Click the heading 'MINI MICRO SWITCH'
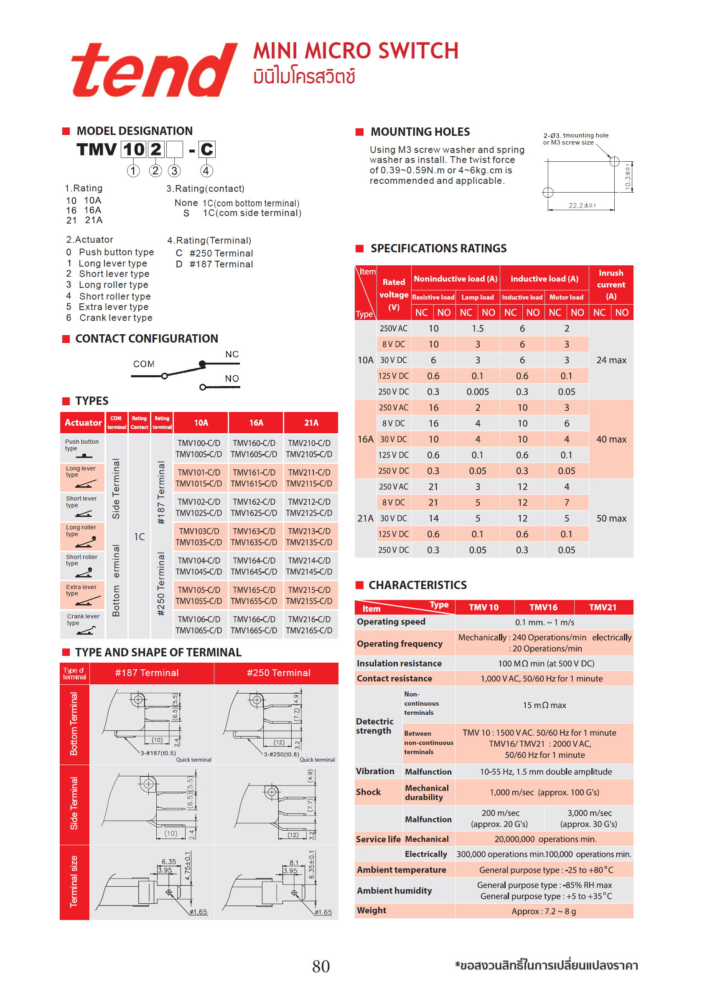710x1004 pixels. [356, 51]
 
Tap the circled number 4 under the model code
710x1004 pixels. [206, 170]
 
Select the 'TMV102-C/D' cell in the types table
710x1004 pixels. [198, 501]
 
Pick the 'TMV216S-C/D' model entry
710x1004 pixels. [309, 630]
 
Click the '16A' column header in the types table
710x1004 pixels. [256, 422]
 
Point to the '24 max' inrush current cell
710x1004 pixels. [611, 360]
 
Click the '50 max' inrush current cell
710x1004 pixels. [611, 518]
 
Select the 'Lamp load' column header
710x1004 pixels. [477, 297]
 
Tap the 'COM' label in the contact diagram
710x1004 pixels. [143, 364]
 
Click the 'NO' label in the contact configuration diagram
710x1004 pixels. [232, 378]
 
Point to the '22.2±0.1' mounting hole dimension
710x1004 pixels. [581, 205]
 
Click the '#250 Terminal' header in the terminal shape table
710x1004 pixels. [278, 673]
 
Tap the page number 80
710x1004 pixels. [321, 966]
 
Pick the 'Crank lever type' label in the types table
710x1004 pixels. [83, 619]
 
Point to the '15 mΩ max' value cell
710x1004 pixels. [544, 705]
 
